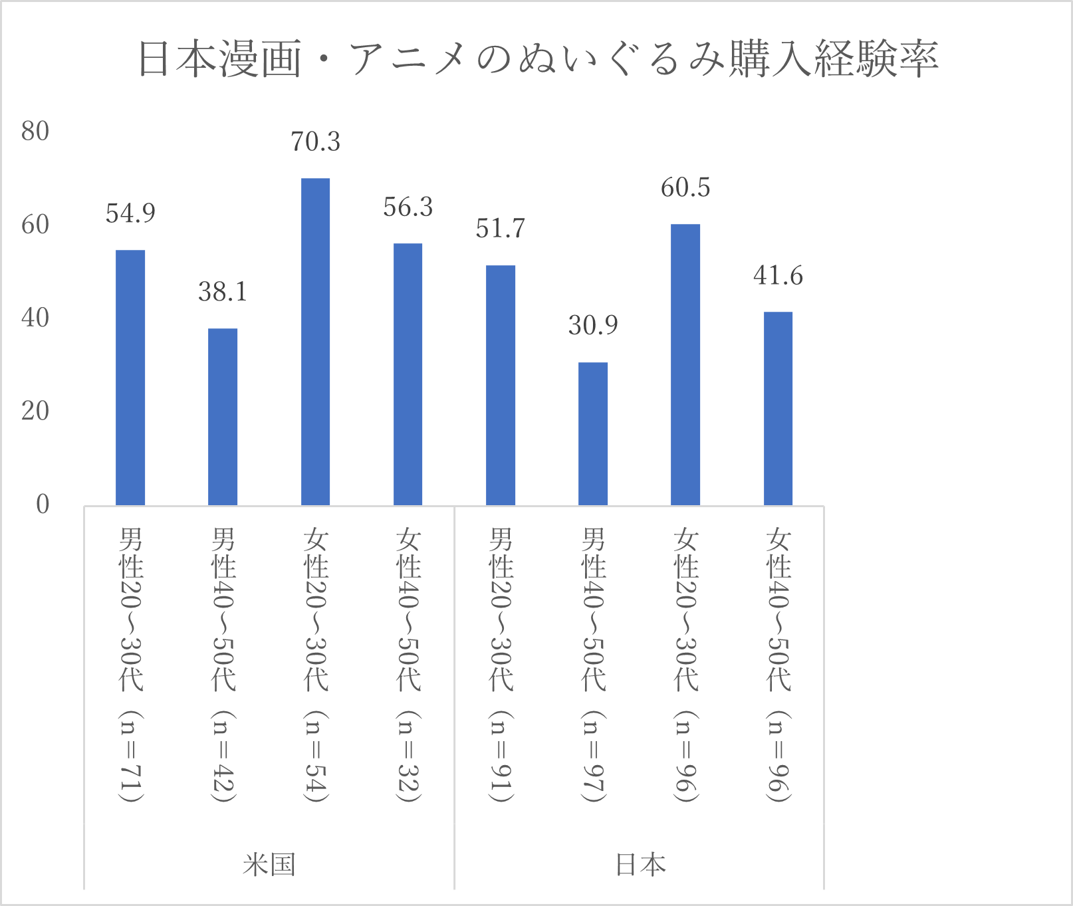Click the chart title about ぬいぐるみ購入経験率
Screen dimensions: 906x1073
(x=537, y=58)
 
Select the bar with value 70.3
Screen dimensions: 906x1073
(x=315, y=342)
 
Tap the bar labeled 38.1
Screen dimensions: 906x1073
(x=223, y=417)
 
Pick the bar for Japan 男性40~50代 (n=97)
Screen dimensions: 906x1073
(x=593, y=433)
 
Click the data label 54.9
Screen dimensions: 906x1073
(x=130, y=213)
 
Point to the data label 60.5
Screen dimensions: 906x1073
(x=685, y=187)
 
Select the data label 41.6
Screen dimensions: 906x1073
(x=778, y=275)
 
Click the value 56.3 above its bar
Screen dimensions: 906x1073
(x=408, y=207)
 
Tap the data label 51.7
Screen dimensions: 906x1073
(x=500, y=229)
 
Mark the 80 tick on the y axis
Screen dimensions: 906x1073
(x=35, y=132)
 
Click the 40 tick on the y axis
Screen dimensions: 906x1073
(x=35, y=318)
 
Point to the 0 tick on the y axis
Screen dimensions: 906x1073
(x=43, y=505)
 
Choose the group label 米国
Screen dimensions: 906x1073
(x=269, y=865)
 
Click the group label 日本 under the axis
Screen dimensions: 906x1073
(x=640, y=865)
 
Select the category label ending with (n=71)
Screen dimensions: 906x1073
(x=130, y=665)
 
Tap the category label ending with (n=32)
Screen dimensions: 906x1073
(x=408, y=665)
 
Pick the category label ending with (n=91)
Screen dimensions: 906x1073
(x=500, y=665)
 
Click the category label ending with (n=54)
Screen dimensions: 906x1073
(x=315, y=665)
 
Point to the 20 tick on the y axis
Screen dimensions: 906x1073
(x=35, y=411)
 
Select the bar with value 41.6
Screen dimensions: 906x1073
(x=778, y=408)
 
